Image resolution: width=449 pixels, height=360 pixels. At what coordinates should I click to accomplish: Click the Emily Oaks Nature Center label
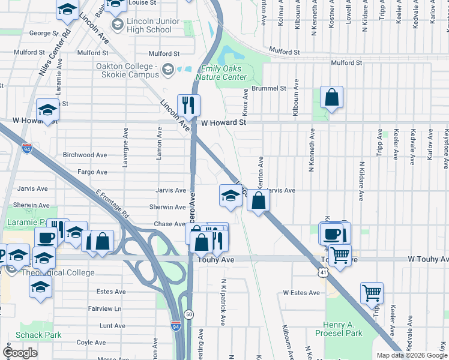point(223,73)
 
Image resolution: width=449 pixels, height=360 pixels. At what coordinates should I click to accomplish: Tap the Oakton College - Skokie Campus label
point(127,70)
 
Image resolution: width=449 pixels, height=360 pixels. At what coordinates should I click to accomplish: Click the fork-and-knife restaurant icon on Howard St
point(189,106)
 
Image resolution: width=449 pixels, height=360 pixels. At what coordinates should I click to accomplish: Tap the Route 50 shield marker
point(189,314)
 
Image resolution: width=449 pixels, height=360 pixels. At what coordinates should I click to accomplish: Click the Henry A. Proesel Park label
point(343,328)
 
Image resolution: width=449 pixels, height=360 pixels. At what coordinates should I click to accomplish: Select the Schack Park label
point(39,335)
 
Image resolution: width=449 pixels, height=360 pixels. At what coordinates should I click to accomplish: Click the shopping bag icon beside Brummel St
point(331,97)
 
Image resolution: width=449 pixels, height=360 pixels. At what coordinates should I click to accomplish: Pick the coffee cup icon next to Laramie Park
point(46,238)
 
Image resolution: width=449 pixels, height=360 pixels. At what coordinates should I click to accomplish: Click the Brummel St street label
point(269,88)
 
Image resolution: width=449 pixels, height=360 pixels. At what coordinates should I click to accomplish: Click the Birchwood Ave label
point(85,155)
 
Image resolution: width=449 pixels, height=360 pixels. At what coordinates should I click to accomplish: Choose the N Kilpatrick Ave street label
point(222,302)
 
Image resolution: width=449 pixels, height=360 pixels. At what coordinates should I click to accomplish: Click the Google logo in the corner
point(20,353)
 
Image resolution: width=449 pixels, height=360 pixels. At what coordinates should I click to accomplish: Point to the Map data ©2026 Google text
point(411,355)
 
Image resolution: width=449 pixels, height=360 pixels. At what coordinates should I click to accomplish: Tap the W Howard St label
point(223,122)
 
